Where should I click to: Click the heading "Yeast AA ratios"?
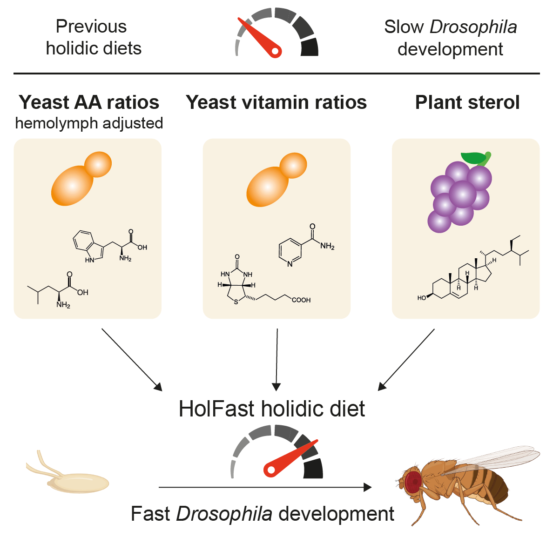click(x=89, y=102)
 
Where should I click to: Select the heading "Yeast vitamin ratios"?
click(x=276, y=102)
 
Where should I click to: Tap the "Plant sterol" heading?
click(x=467, y=102)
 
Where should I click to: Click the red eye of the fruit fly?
click(x=412, y=482)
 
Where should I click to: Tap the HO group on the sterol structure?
click(x=422, y=298)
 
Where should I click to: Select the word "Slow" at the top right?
click(x=404, y=27)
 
